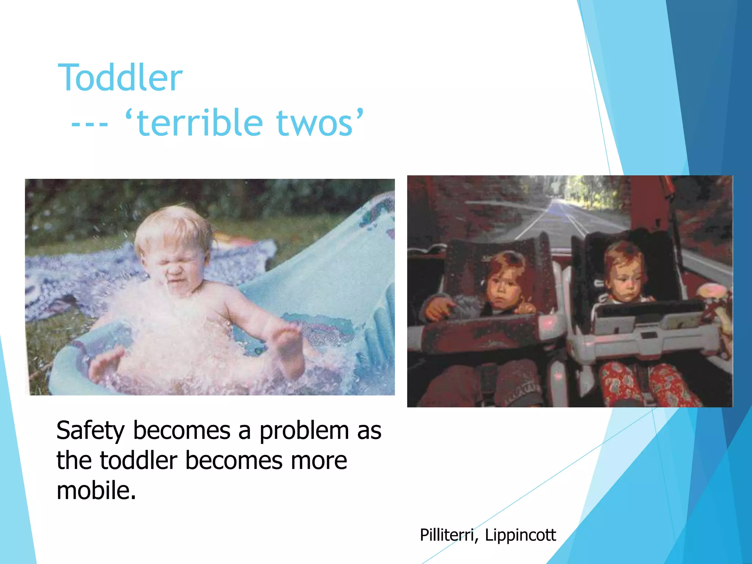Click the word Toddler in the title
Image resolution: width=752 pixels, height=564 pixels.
pos(120,78)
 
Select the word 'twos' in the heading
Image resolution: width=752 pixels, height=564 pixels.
pos(314,124)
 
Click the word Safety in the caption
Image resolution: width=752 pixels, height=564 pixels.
pos(90,430)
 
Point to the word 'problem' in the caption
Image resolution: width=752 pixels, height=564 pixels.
pos(304,430)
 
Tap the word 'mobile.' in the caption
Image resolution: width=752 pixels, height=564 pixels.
pos(96,490)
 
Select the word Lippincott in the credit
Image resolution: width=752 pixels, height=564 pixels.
pos(520,535)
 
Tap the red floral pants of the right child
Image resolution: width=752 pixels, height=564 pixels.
pos(650,386)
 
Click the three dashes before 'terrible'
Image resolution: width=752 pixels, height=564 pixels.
pos(90,125)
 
